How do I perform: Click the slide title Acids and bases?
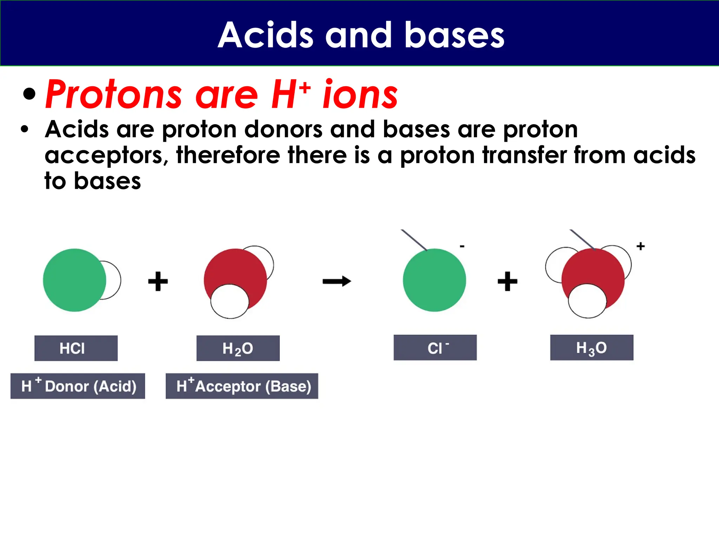click(x=361, y=35)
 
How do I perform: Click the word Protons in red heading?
click(x=113, y=95)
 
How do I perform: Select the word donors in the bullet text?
click(x=283, y=129)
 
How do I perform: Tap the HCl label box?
click(x=76, y=348)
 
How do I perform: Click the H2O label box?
click(x=238, y=348)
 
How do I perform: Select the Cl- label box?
click(x=435, y=347)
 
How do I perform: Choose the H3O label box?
click(x=592, y=347)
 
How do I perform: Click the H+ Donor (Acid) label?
click(x=78, y=386)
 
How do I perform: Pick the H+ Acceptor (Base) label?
click(x=242, y=386)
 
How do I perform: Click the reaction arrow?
click(x=337, y=281)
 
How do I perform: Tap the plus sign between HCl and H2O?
click(x=158, y=281)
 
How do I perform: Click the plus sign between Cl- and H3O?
click(x=507, y=281)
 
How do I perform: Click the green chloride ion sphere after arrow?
click(x=434, y=280)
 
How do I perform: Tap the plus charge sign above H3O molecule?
click(x=640, y=246)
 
